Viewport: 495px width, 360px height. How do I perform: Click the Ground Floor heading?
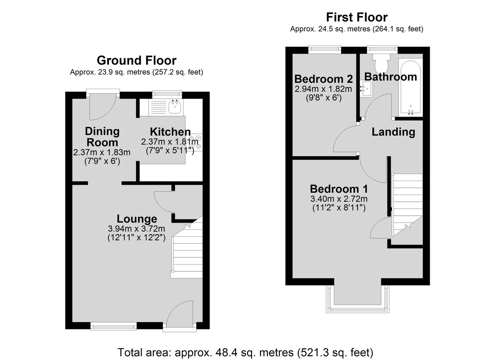137,61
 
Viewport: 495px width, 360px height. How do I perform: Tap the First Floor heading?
357,17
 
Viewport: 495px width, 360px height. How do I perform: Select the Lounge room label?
137,219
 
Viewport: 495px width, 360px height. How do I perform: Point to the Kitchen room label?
170,132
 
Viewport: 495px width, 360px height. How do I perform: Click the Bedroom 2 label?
323,79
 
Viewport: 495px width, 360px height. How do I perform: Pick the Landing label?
394,132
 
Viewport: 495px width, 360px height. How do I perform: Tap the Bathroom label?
391,77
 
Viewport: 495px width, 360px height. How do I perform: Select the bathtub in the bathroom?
410,87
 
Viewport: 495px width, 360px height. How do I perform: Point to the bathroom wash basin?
366,89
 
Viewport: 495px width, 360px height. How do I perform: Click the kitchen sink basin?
175,107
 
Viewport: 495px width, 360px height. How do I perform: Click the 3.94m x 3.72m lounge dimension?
137,228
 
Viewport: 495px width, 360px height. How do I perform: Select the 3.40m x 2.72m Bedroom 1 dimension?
339,199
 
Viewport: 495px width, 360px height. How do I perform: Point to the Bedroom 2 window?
325,49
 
